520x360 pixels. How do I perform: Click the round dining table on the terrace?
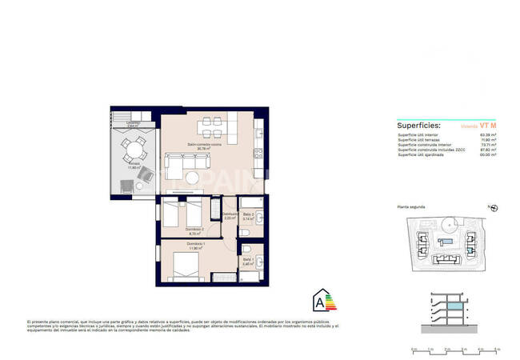134,148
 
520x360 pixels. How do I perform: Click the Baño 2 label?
248,214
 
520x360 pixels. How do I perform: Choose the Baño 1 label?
248,260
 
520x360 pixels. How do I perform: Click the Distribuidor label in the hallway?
230,214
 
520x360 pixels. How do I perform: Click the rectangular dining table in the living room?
214,123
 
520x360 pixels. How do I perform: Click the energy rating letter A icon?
322,302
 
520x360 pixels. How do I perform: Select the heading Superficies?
418,126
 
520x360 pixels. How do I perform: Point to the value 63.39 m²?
488,135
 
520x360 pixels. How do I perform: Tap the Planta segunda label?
413,207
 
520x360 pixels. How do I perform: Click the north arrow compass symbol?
493,208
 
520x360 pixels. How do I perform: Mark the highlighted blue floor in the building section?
454,306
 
